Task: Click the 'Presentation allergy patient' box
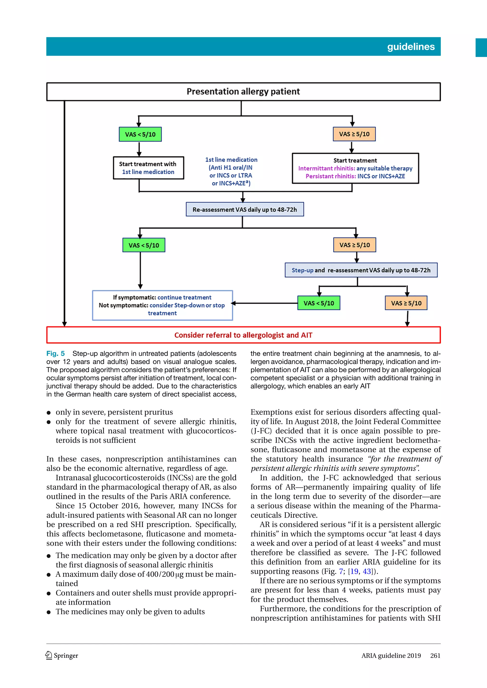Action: [243, 91]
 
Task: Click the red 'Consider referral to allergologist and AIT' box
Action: [243, 335]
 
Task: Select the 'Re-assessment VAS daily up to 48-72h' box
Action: [244, 209]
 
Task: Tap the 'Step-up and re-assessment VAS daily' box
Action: [361, 270]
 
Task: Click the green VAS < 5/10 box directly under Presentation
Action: [140, 134]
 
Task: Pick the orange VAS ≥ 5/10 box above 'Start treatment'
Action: [354, 134]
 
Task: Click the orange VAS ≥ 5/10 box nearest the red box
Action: [406, 303]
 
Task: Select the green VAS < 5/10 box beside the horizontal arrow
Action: [319, 303]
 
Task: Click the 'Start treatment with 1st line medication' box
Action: [148, 168]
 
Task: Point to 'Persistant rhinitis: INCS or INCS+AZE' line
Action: [355, 176]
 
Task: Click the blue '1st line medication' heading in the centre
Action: [231, 160]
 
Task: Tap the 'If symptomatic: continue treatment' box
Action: [162, 305]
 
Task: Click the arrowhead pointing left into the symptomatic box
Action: [234, 303]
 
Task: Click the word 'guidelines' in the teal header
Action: [410, 47]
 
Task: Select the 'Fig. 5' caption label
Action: [55, 353]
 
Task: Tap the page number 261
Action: [435, 656]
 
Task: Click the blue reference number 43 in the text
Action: [367, 571]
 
